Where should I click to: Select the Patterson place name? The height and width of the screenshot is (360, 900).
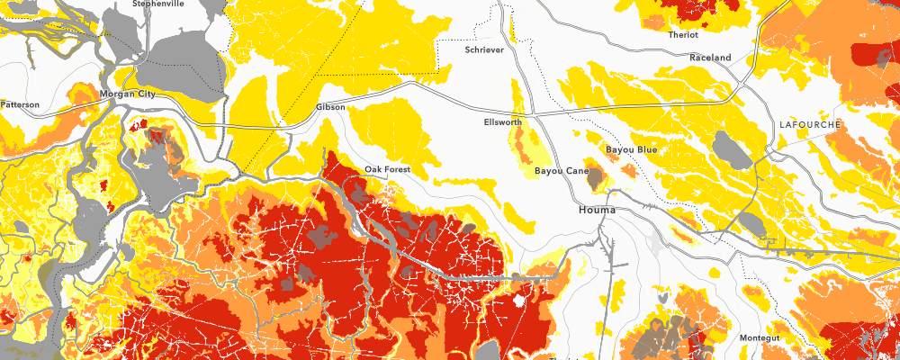(x=20, y=104)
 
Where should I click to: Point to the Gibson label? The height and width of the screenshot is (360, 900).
(x=330, y=107)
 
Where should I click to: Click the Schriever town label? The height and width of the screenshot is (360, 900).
(x=485, y=50)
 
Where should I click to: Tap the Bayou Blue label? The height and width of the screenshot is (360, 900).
(x=632, y=148)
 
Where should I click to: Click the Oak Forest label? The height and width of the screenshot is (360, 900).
(x=388, y=169)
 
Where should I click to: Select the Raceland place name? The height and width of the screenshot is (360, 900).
(x=710, y=58)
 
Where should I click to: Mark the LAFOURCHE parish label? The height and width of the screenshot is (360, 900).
(x=809, y=124)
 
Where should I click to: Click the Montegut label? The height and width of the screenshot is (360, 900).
(x=758, y=337)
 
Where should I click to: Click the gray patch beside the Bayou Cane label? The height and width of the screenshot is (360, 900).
(x=595, y=178)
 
